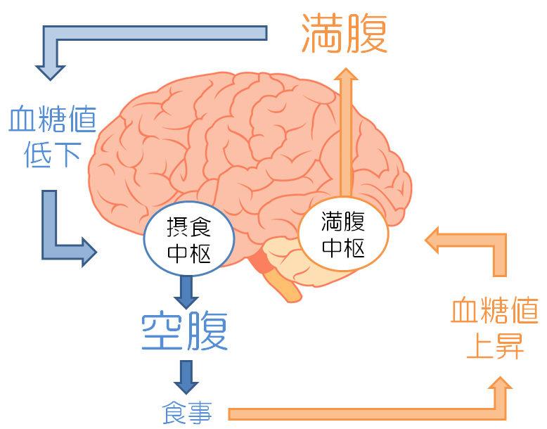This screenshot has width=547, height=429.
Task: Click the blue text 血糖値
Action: pos(52,122)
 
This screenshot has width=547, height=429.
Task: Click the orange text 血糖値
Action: pos(495,310)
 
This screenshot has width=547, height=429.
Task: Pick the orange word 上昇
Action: pos(495,346)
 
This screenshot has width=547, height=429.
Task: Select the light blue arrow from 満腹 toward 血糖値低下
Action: pos(141,34)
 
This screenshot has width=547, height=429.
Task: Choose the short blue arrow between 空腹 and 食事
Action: pos(186,376)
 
